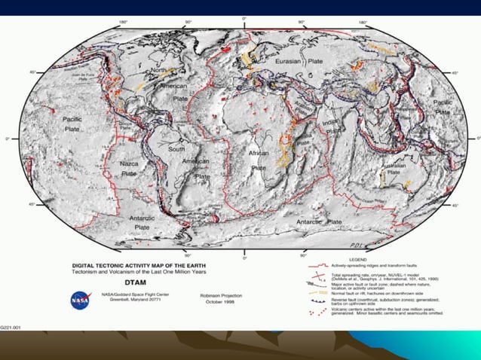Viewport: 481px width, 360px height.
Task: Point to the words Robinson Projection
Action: click(x=219, y=296)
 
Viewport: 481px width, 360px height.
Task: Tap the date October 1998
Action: click(x=219, y=302)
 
